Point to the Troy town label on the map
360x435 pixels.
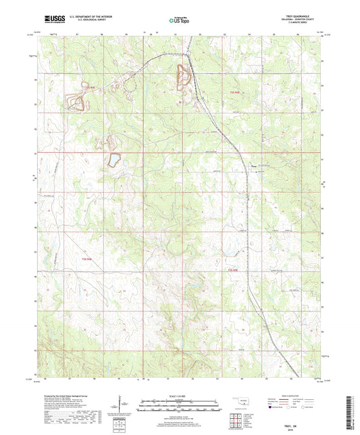pos(254,164)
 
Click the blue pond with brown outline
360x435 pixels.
pos(115,160)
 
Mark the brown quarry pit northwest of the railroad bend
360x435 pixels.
pos(182,78)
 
